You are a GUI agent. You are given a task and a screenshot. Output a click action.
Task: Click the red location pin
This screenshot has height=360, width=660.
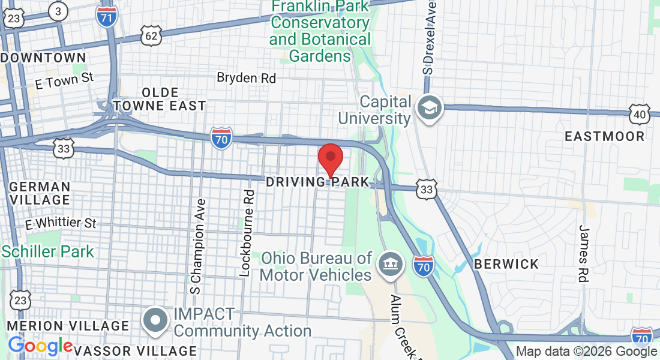pos(330,158)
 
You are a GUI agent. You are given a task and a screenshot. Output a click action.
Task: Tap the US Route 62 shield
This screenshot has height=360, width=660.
pos(151,36)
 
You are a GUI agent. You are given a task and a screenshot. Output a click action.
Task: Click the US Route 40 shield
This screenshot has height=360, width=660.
pos(640,114)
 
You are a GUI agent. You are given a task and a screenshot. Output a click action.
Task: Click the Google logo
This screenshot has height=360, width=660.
pos(40,346)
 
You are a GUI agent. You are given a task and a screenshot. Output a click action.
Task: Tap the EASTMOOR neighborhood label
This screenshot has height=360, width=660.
pos(605,136)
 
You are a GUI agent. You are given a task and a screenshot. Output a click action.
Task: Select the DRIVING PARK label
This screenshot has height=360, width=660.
pos(316,181)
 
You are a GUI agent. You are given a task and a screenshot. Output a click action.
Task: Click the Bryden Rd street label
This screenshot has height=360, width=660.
pos(246,78)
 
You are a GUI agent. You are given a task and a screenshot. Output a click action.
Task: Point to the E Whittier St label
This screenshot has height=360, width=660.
pos(61,223)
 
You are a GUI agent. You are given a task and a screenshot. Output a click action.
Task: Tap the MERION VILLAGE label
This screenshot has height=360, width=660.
pos(68,326)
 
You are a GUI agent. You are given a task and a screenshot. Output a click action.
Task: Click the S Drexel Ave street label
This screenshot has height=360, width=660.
pos(428,36)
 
